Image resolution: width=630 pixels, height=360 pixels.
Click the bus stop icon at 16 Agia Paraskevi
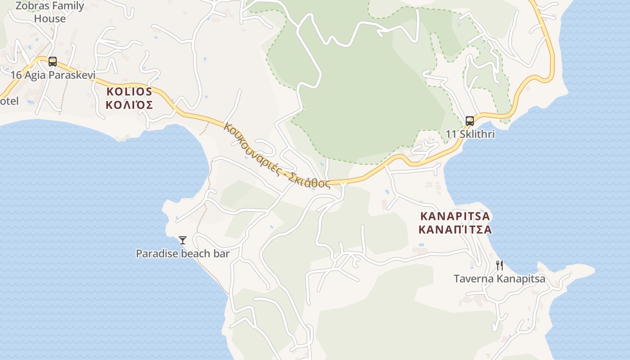coord(53,62)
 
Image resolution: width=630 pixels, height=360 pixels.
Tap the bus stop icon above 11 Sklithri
coord(470,121)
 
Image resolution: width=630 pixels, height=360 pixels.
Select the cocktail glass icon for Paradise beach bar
coord(182,240)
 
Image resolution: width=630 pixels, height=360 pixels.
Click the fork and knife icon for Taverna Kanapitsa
coord(499,265)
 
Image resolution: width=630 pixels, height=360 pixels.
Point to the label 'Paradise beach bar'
coord(183,254)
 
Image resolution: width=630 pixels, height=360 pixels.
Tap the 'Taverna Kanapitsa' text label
coord(499,279)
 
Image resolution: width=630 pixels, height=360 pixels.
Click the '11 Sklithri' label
coord(470,134)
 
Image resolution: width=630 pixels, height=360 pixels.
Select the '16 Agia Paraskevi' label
coord(53,75)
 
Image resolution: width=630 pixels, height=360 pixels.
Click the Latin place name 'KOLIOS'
coord(129,92)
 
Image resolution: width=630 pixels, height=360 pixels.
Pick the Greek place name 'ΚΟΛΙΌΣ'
coord(129,105)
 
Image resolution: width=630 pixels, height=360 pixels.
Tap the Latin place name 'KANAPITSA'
coord(455,216)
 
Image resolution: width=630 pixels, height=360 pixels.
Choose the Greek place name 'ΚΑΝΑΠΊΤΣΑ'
coord(455,230)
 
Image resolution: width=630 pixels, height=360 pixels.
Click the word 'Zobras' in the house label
coord(31,6)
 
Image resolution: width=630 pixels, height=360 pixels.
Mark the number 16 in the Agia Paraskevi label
coord(16,75)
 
